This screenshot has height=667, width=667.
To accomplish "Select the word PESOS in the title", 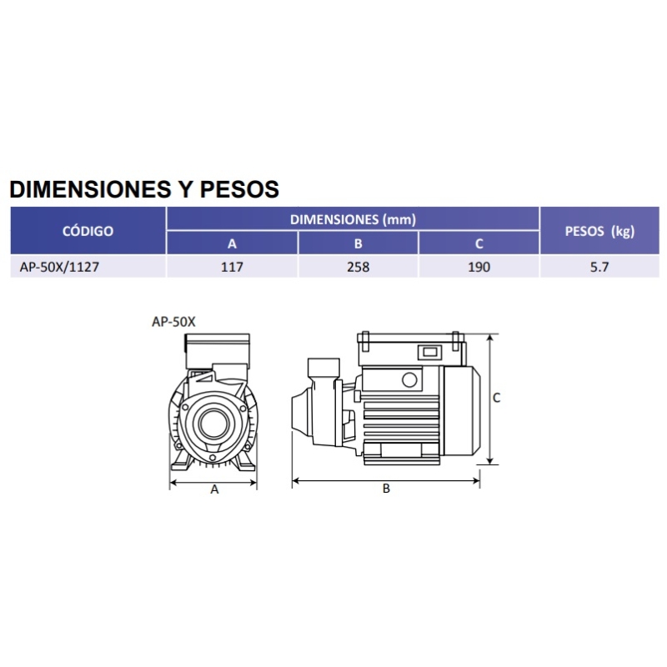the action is [239, 189].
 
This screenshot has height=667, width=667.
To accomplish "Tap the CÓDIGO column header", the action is [88, 231].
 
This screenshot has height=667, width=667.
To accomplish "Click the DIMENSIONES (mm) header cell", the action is [353, 219].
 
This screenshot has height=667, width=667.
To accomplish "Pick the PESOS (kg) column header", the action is [599, 231].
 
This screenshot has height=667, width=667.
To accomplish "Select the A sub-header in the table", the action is [232, 243].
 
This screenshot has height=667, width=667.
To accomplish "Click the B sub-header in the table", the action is [359, 243].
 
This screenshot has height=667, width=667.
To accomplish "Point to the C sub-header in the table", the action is [479, 243].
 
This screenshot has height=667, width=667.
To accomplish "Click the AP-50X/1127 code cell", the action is [59, 267].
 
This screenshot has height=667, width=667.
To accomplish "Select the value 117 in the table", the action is [232, 267].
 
